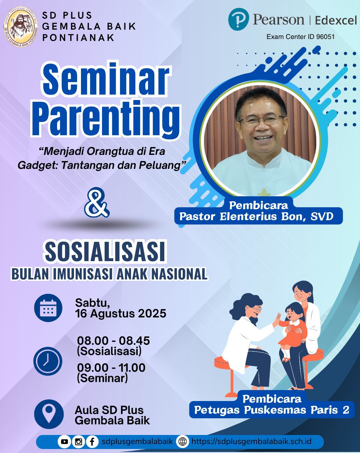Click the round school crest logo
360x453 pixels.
tap(20, 27)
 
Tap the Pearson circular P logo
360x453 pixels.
tap(238, 19)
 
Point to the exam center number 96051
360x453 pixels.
tap(325, 37)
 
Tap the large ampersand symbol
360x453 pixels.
tap(97, 203)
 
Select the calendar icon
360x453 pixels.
tap(48, 307)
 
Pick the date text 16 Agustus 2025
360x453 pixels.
tap(121, 313)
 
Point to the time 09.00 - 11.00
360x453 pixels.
tap(111, 368)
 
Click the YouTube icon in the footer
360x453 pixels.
tap(64, 441)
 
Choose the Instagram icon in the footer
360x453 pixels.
tap(79, 441)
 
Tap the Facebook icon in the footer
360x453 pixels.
tap(92, 441)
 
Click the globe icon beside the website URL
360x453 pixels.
tap(182, 441)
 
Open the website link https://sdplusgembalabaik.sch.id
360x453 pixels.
tap(251, 441)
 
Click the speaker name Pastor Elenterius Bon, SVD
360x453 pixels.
tap(256, 217)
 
